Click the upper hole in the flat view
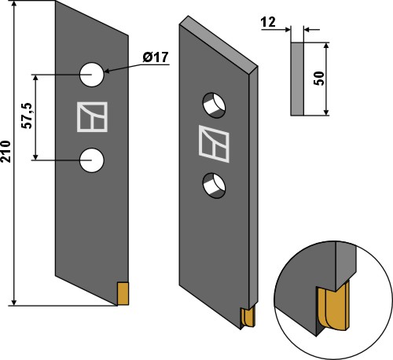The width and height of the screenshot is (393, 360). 92,75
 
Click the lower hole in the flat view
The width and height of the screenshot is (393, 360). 92,160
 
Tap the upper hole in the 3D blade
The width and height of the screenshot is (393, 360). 213,101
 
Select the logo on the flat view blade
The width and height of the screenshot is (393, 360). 90,117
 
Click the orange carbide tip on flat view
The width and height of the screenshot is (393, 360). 122,292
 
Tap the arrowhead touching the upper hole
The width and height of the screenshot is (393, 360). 105,72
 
